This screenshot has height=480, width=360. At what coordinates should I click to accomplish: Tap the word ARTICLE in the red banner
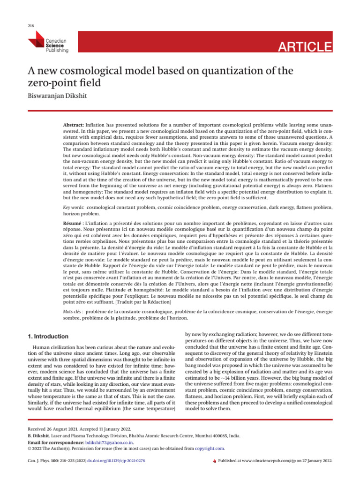(x=305, y=47)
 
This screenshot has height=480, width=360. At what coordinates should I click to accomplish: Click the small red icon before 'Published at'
(x=215, y=461)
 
